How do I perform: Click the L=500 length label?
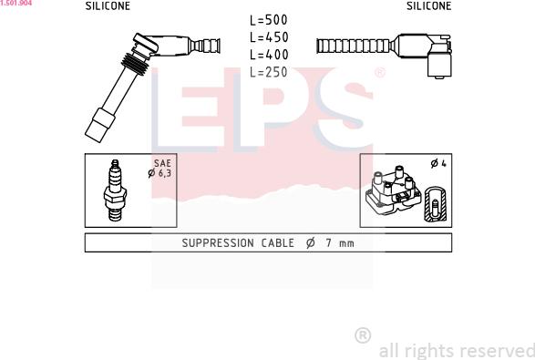269,20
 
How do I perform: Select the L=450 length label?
269,37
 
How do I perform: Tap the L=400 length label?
269,55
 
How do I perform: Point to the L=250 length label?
269,72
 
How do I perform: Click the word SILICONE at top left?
108,6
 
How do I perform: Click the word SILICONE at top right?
429,5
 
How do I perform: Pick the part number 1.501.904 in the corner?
16,3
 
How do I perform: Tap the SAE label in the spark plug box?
162,163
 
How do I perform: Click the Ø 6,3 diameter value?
159,173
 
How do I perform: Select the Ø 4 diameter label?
438,163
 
